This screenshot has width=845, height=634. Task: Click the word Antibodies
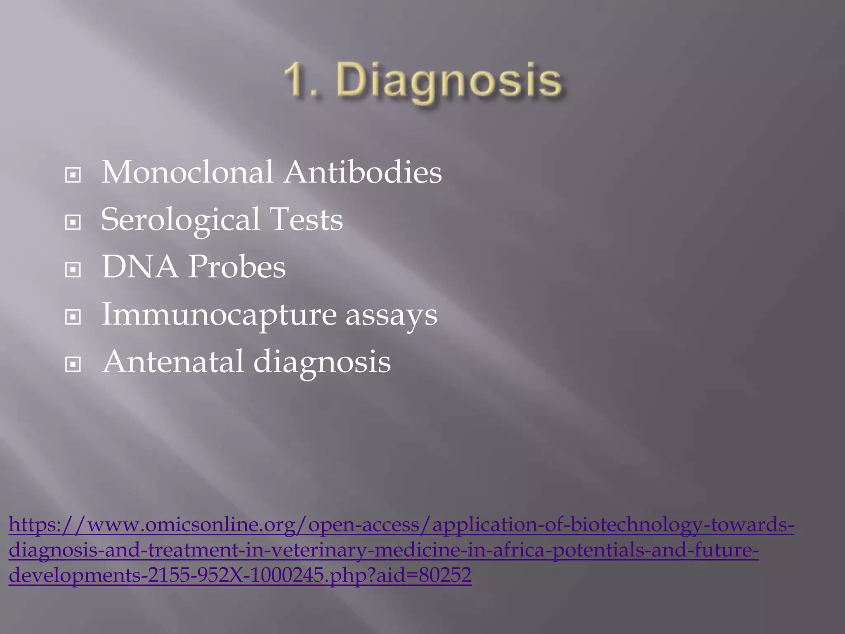pyautogui.click(x=363, y=172)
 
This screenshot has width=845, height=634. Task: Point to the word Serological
pyautogui.click(x=180, y=220)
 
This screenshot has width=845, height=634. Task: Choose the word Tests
pyautogui.click(x=306, y=220)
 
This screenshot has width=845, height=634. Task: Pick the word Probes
pyautogui.click(x=237, y=267)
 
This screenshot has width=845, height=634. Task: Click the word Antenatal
pyautogui.click(x=173, y=362)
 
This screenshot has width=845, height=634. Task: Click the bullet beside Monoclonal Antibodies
pyautogui.click(x=73, y=175)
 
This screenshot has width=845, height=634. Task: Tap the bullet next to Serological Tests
pyautogui.click(x=73, y=223)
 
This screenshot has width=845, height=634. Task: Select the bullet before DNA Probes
pyautogui.click(x=73, y=270)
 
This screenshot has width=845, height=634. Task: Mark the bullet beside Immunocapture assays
pyautogui.click(x=73, y=317)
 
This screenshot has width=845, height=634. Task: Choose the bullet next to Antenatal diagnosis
pyautogui.click(x=73, y=365)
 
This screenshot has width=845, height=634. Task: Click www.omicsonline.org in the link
pyautogui.click(x=190, y=525)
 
